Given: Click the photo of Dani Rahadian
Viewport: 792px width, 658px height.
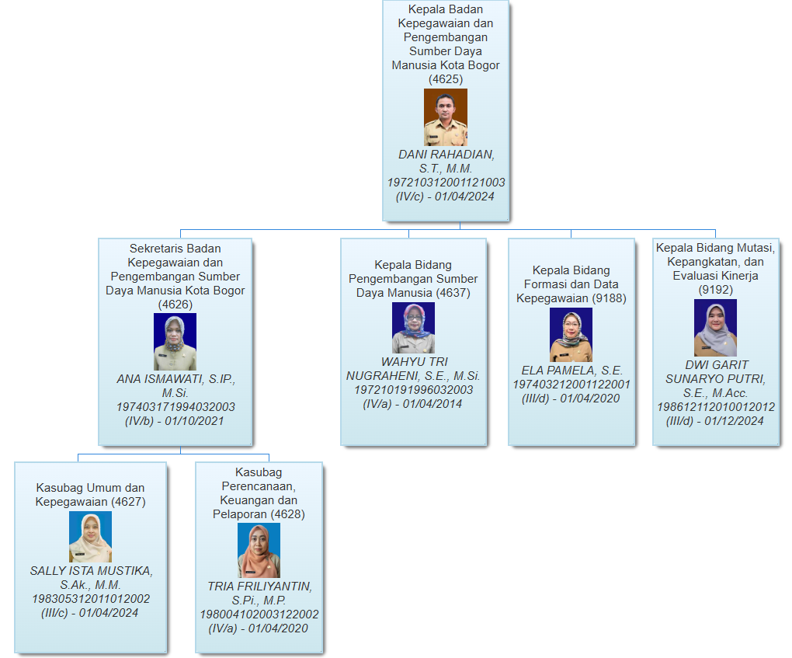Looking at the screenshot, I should click(x=446, y=117).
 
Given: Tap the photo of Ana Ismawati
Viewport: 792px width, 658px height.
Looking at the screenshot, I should click(x=175, y=342).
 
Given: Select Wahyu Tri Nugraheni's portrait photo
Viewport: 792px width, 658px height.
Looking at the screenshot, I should click(x=413, y=328).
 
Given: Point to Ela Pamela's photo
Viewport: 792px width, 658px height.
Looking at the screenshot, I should click(x=571, y=335).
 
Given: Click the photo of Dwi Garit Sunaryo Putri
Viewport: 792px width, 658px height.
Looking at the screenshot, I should click(x=715, y=328).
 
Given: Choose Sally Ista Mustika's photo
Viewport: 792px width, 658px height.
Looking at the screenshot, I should click(x=90, y=537).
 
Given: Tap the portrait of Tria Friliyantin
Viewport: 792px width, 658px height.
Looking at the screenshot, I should click(x=259, y=550).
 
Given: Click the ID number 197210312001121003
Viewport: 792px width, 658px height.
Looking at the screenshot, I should click(x=446, y=183).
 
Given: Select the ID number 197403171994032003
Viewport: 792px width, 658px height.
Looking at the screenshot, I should click(x=175, y=407).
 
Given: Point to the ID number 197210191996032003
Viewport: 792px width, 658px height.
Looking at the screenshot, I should click(x=413, y=390).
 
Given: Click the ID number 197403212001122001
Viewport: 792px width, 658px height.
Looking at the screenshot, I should click(x=571, y=385).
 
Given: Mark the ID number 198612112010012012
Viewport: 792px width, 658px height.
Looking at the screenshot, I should click(x=715, y=407).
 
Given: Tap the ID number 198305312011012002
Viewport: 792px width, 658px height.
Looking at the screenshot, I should click(x=90, y=599).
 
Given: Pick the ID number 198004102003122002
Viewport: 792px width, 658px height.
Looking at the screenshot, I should click(x=259, y=614).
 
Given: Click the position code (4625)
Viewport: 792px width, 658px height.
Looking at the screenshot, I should click(x=446, y=79).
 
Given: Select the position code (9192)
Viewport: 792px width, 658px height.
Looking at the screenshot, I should click(x=715, y=290).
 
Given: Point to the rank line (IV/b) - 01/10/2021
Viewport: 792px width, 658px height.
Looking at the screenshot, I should click(x=175, y=421).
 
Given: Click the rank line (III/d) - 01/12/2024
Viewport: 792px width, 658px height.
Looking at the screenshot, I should click(x=715, y=421).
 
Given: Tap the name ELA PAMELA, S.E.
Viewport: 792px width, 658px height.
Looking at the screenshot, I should click(x=571, y=371).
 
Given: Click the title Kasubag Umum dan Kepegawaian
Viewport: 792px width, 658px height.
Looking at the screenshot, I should click(x=90, y=495).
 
